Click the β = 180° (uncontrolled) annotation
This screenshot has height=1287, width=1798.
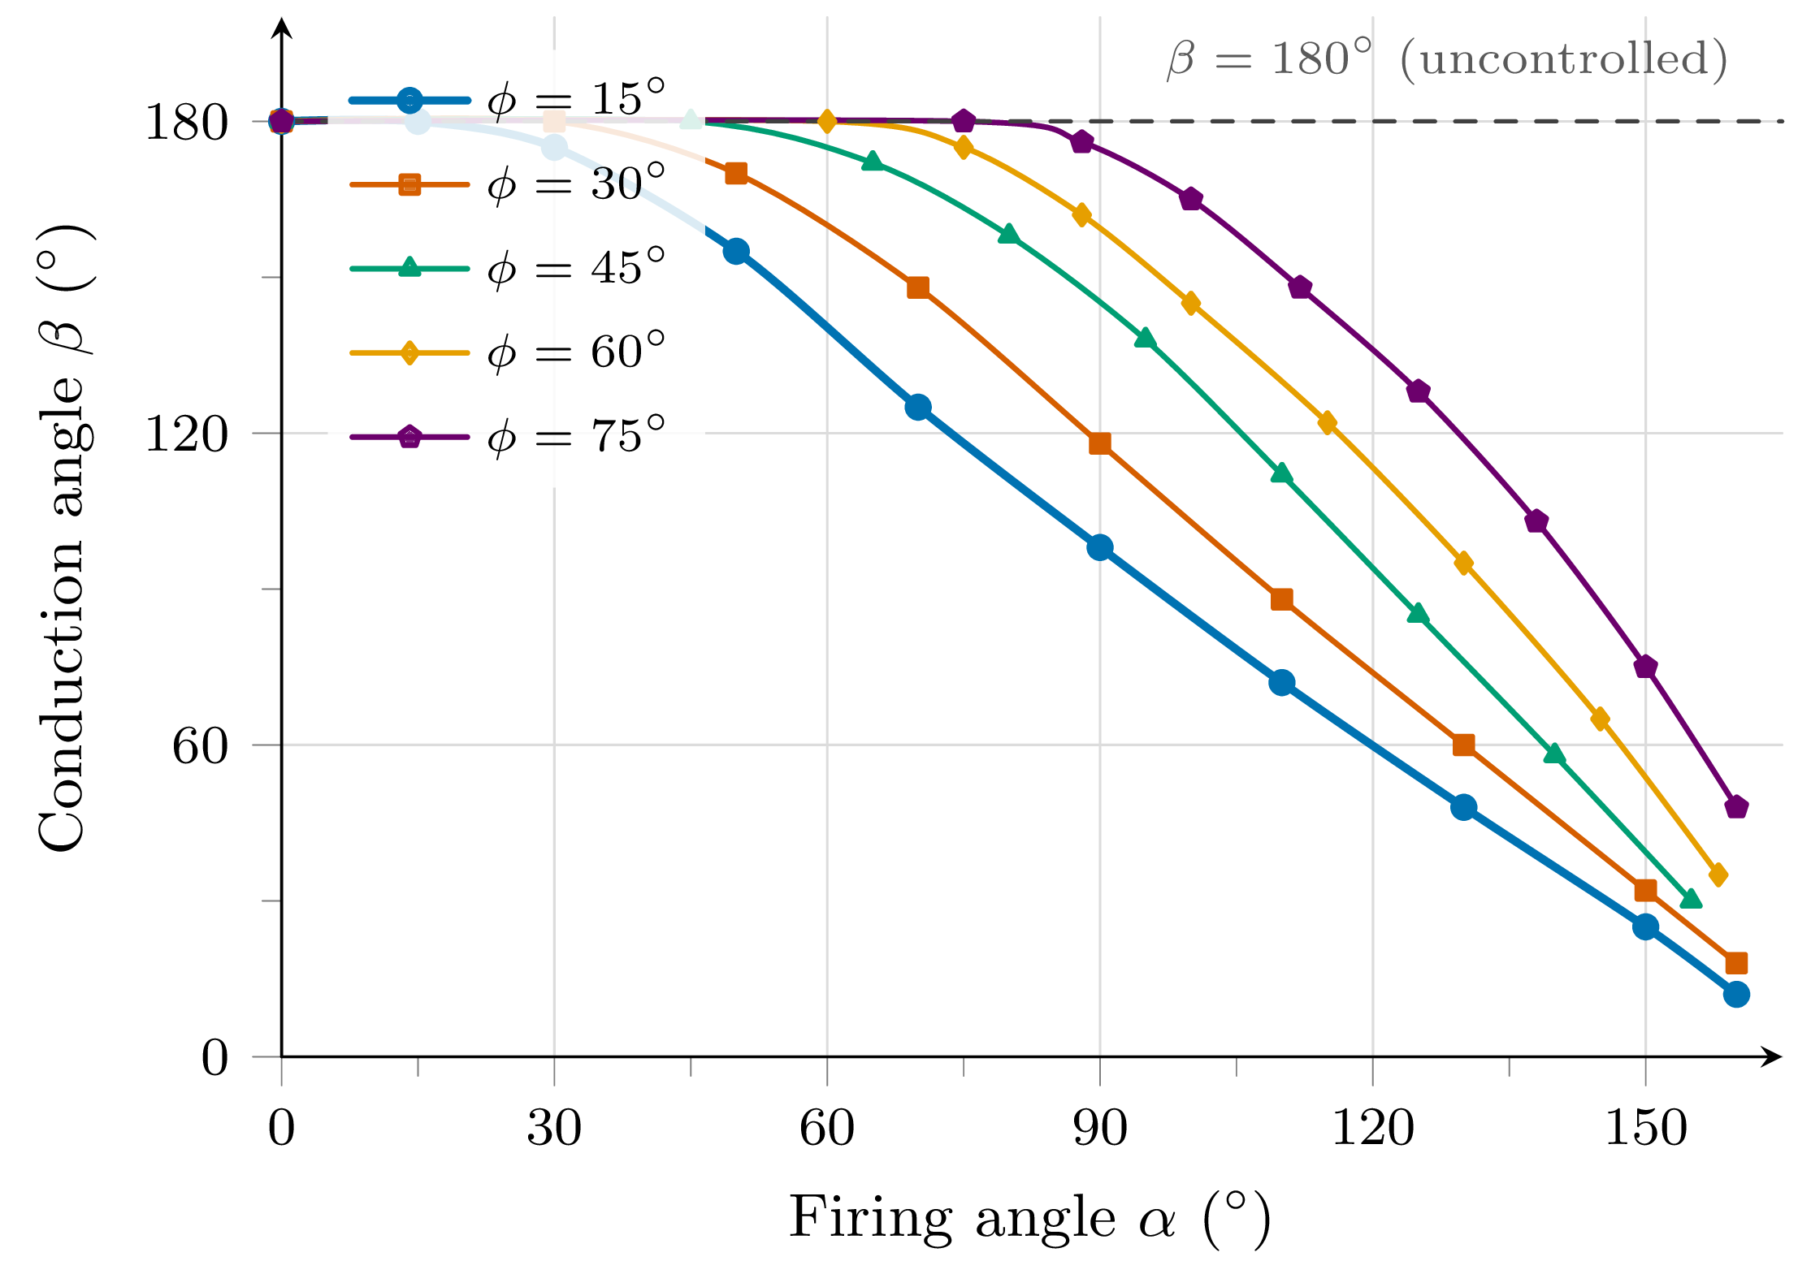1447,59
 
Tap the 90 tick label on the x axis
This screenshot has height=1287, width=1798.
1100,1129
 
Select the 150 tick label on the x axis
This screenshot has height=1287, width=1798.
1645,1129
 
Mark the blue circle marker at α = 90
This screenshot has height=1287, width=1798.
1099,548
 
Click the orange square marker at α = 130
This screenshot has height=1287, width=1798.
1463,745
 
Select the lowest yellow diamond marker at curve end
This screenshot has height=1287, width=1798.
1718,875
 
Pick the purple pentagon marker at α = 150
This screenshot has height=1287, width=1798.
1645,667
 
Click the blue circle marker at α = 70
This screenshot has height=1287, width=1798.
918,408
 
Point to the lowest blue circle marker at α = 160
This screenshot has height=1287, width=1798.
1736,995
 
